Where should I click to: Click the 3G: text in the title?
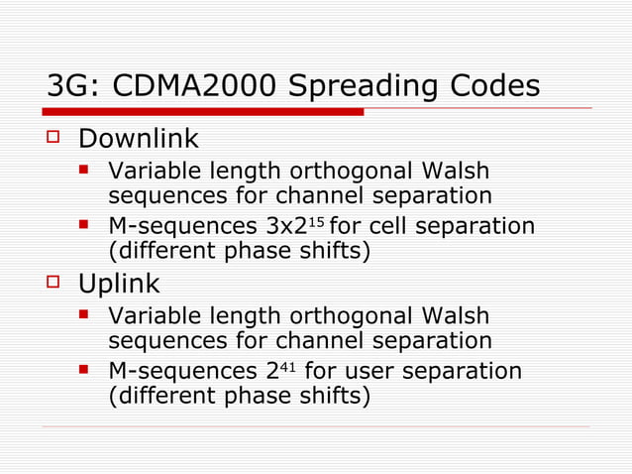pyautogui.click(x=74, y=86)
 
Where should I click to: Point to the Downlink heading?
pyautogui.click(x=139, y=139)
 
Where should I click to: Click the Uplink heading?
pyautogui.click(x=119, y=285)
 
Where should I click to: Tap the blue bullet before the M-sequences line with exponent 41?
pyautogui.click(x=86, y=371)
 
